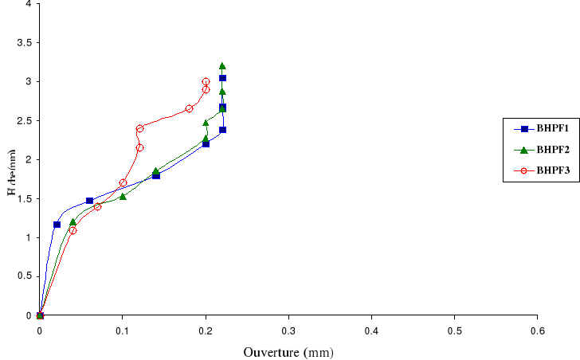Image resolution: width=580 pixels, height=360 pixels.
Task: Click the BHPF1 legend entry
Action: [x=535, y=128]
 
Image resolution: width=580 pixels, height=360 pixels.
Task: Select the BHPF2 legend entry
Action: [x=535, y=149]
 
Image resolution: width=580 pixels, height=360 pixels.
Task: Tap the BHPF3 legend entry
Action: [x=535, y=170]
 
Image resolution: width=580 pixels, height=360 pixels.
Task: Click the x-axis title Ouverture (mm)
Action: [x=288, y=351]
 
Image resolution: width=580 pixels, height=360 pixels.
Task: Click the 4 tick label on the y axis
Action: [x=29, y=4]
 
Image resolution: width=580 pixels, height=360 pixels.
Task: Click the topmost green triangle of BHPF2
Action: [x=222, y=66]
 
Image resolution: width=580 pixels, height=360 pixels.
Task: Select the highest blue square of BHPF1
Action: [x=222, y=78]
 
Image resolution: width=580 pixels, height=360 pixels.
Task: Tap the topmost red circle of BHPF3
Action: [x=206, y=82]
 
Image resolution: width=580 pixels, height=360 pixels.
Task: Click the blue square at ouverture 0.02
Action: [x=57, y=225]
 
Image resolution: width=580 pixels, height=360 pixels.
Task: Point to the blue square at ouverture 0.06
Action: [x=89, y=201]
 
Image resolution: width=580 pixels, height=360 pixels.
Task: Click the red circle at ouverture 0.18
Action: [x=189, y=108]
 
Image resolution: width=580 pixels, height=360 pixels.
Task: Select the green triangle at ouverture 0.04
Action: [x=72, y=222]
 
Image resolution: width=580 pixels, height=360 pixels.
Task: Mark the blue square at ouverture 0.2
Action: [x=206, y=144]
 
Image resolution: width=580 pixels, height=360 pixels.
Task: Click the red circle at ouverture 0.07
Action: [x=97, y=206]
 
